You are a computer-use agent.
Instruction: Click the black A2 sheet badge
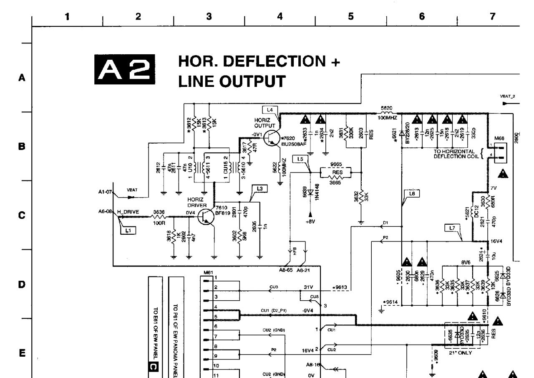coord(125,68)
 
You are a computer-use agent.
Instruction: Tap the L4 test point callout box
coord(269,109)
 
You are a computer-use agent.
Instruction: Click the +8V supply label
coord(310,222)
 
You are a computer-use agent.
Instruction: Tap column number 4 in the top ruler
coord(280,16)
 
